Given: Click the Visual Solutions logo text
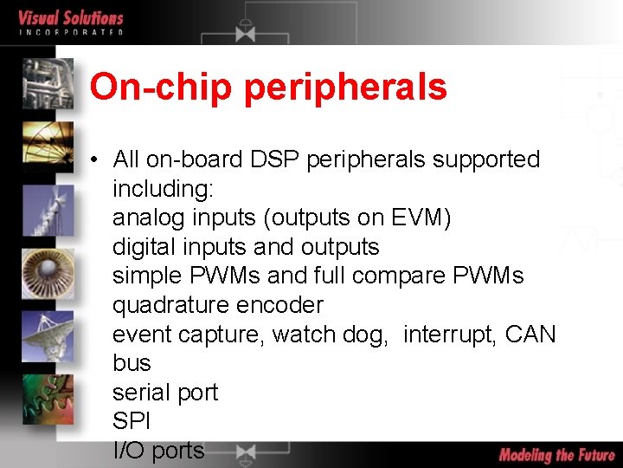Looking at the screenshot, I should [x=70, y=18].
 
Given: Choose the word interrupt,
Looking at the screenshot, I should [x=450, y=334].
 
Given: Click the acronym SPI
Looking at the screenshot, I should [x=131, y=421].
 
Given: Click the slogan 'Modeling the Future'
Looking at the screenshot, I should [x=556, y=454].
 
